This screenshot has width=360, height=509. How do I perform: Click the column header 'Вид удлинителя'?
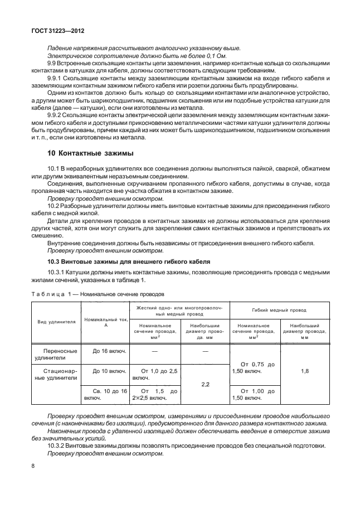click(56, 322)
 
